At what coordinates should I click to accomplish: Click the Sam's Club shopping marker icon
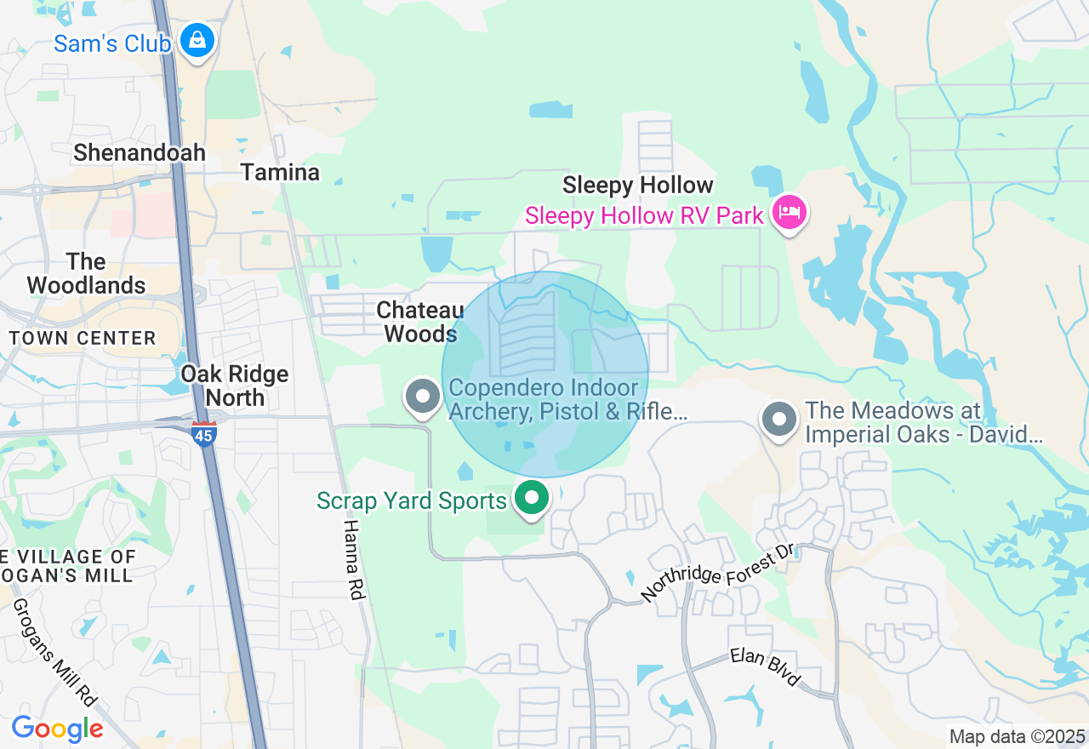click(x=197, y=40)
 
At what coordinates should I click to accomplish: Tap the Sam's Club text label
click(x=112, y=43)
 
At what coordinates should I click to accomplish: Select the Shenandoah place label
click(x=140, y=153)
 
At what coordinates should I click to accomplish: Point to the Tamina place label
click(x=280, y=173)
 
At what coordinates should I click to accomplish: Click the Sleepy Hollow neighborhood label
click(x=638, y=186)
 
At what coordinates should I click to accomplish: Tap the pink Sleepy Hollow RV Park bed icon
click(x=790, y=212)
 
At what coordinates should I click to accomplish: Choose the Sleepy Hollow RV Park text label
click(x=644, y=216)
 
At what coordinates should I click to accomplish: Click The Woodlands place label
click(x=86, y=273)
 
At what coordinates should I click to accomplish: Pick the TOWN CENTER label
click(x=83, y=339)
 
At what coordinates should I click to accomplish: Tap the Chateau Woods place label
click(x=420, y=322)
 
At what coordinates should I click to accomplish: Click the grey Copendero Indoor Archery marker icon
click(x=422, y=397)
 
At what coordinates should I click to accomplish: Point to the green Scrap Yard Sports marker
click(x=533, y=497)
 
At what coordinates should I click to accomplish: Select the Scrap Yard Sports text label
click(x=412, y=500)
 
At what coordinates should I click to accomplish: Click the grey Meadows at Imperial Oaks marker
click(x=778, y=420)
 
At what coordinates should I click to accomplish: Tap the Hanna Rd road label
click(x=354, y=560)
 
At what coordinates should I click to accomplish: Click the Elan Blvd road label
click(x=766, y=666)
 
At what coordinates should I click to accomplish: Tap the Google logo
click(x=57, y=729)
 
